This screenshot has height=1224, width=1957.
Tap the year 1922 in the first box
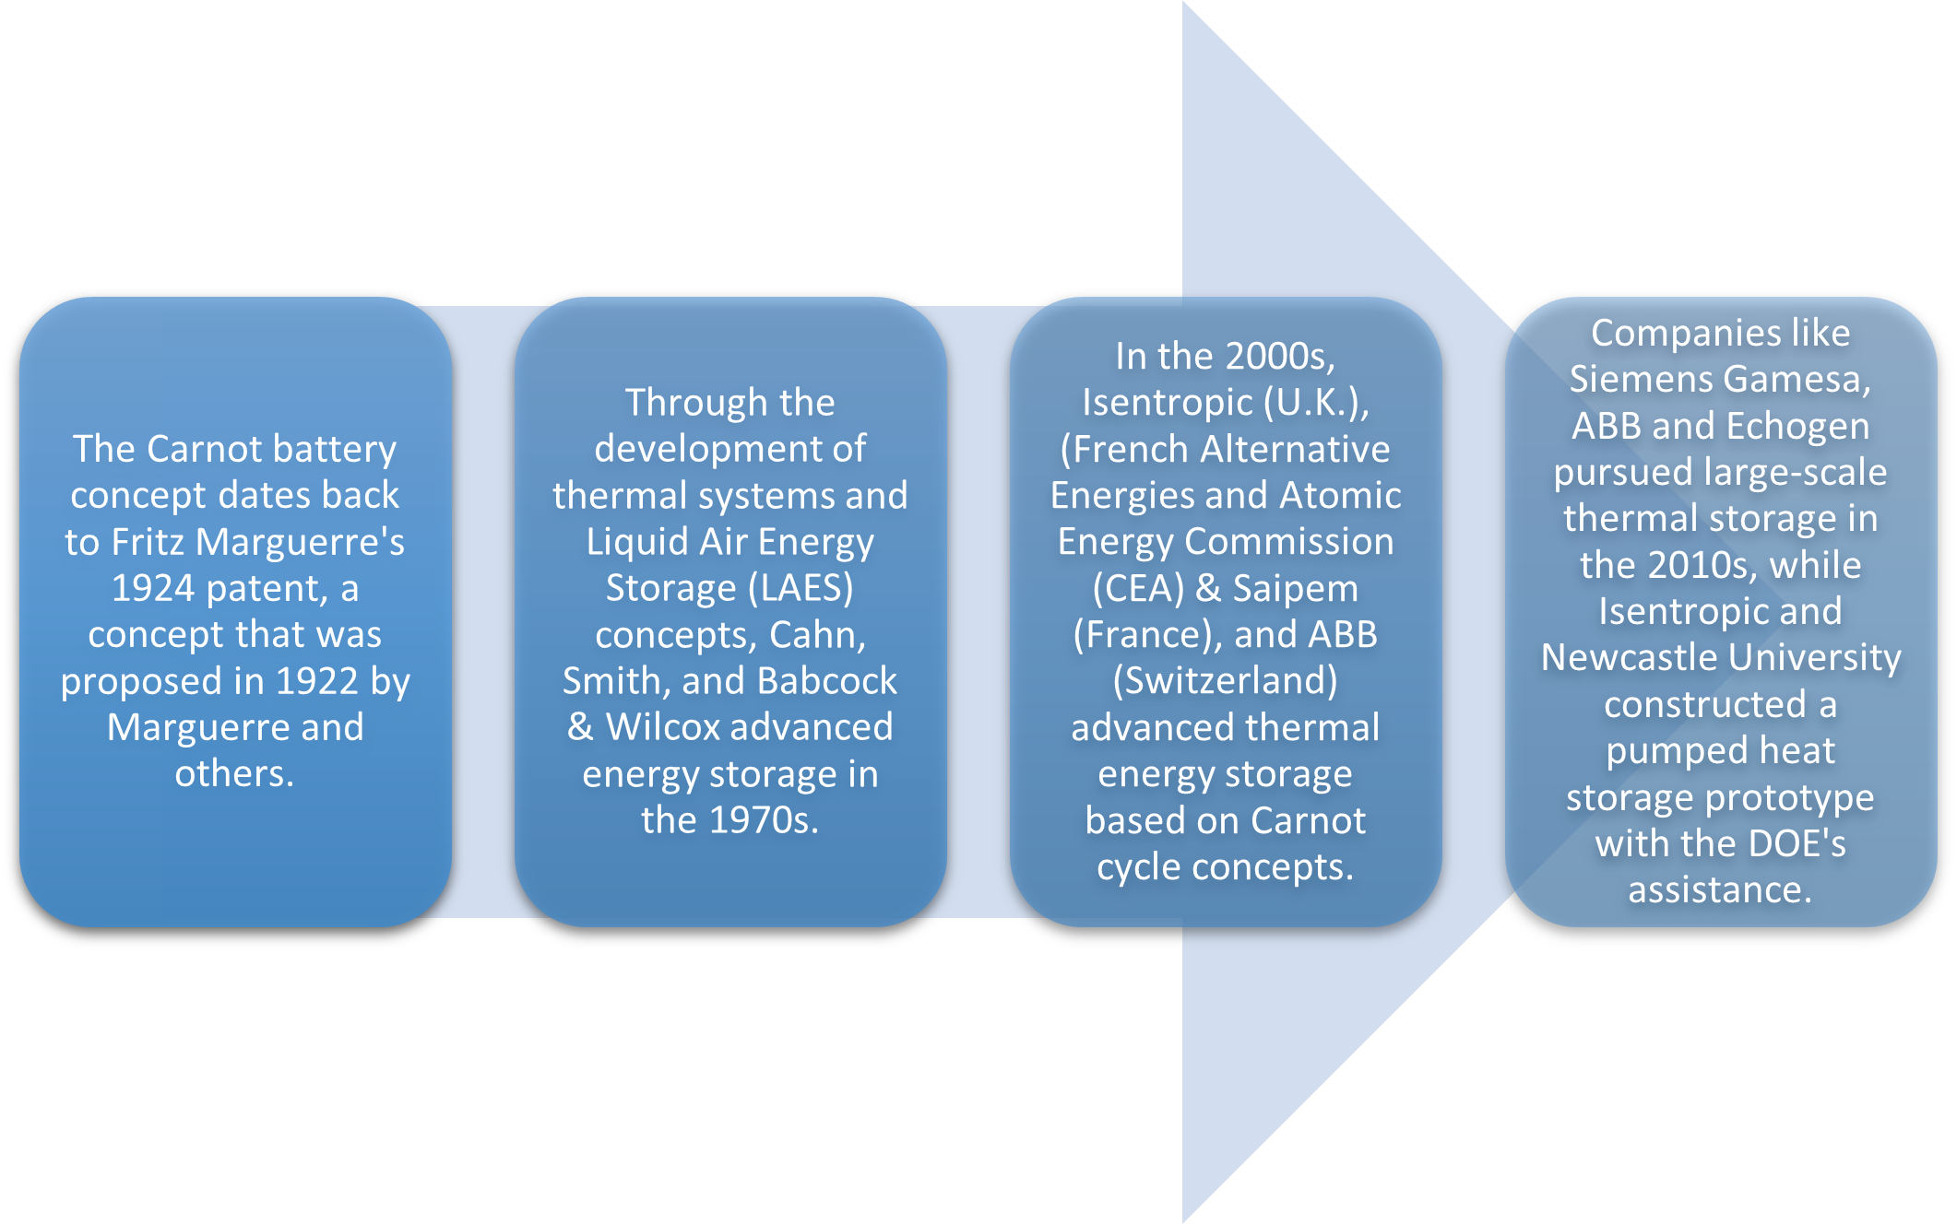pyautogui.click(x=316, y=681)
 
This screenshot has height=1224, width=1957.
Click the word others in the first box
pyautogui.click(x=233, y=773)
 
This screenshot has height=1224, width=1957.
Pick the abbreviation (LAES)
pyautogui.click(x=801, y=588)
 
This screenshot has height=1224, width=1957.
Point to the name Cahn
pyautogui.click(x=817, y=635)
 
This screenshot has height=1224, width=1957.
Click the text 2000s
pyautogui.click(x=1280, y=356)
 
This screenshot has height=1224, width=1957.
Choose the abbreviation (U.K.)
pyautogui.click(x=1316, y=402)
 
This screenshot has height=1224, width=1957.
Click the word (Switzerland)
pyautogui.click(x=1225, y=681)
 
